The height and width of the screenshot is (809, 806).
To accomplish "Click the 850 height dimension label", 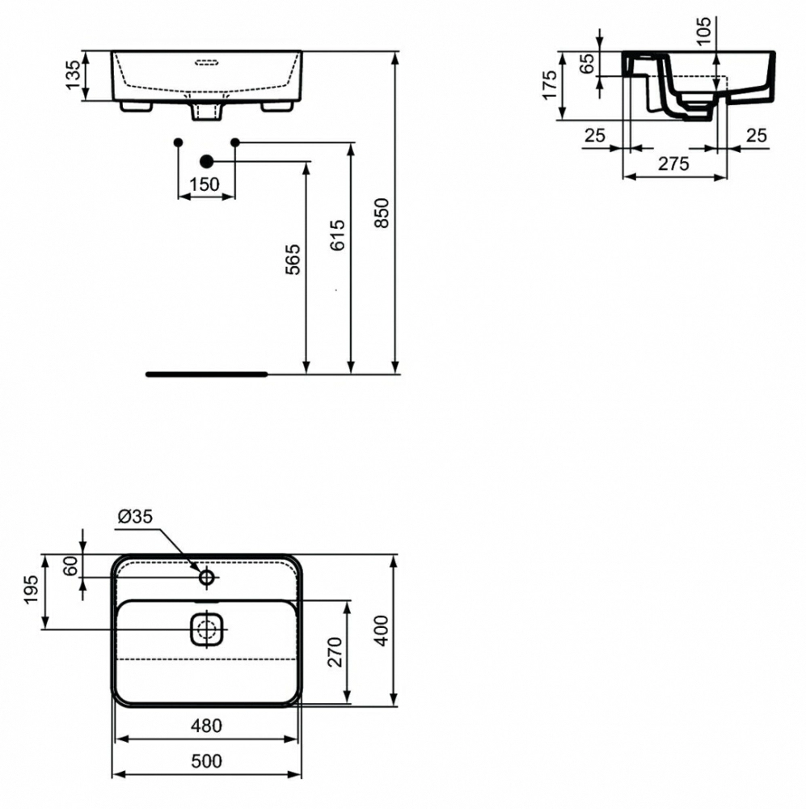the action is pos(382,213).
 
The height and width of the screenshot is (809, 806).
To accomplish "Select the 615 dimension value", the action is pos(337,235).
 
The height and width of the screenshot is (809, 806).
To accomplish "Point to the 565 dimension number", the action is pos(293,260).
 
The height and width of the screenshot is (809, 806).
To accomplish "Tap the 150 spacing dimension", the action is pos(205,184).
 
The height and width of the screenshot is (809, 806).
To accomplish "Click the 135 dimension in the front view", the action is pos(74,74).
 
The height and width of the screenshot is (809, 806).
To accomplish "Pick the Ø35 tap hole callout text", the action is pos(135,516).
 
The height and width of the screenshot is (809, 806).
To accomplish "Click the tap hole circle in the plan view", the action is pos(207,578).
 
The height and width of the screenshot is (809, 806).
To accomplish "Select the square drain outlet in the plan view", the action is pos(207,629).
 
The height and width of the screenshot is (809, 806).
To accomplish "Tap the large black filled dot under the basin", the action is pos(206,162).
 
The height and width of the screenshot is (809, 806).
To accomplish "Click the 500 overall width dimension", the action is pos(206,761).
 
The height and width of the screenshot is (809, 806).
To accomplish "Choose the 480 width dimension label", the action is pos(206,726).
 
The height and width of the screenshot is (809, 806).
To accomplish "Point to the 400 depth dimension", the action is pos(382,630).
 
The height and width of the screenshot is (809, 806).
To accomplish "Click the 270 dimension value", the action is pos(335,652).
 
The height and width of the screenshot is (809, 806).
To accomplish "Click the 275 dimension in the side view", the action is pos(673,163).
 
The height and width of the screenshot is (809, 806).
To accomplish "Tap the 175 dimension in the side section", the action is pos(550,85).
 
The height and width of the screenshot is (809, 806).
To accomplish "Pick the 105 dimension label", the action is pos(703,31).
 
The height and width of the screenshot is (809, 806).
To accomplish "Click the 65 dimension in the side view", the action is pos(587,63).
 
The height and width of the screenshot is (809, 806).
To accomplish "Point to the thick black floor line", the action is pos(207,374).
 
